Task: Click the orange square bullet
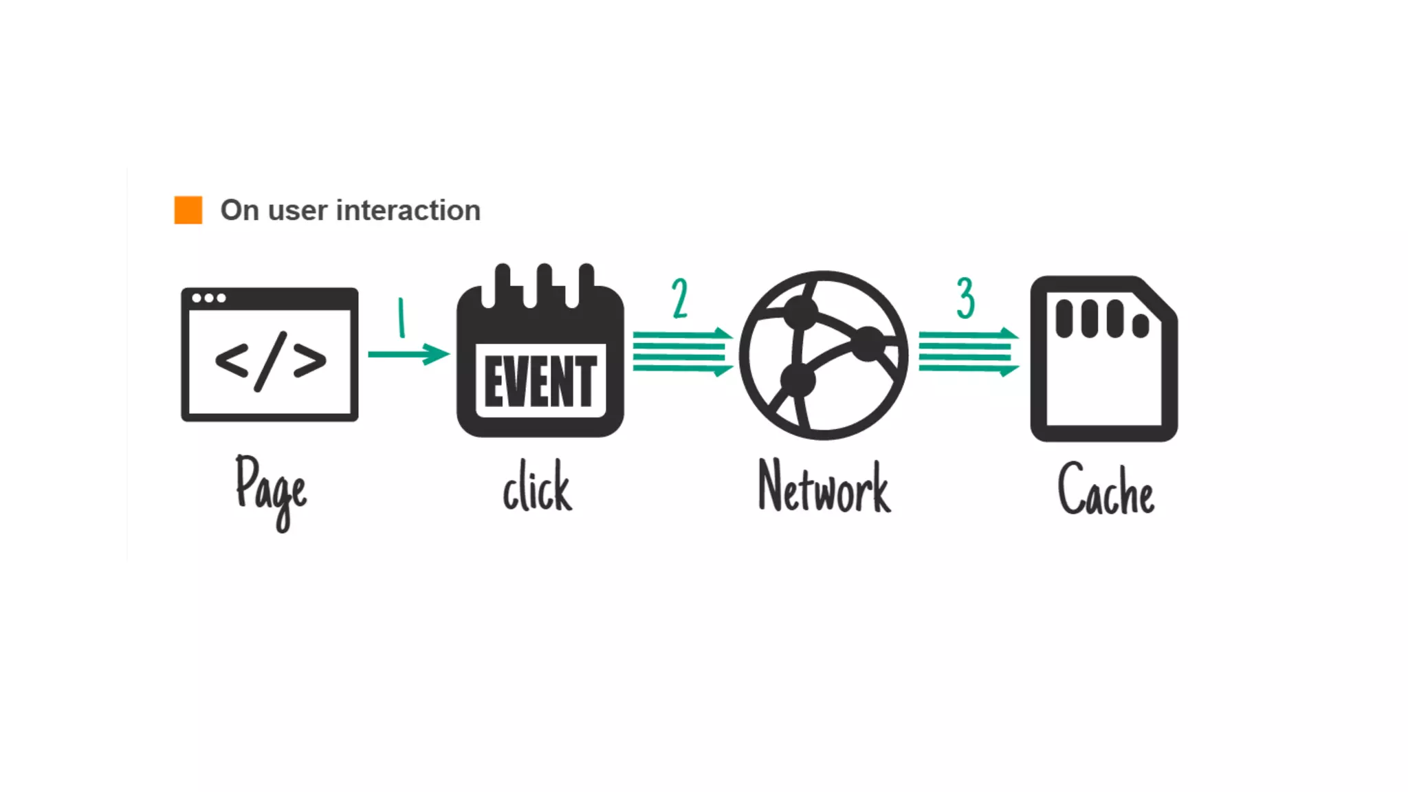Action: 188,210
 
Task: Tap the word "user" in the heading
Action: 298,211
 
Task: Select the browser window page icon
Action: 269,354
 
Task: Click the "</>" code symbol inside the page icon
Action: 270,361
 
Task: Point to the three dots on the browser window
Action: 209,298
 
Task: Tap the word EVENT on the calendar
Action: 540,382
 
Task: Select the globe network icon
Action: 824,355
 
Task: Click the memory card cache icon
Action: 1104,359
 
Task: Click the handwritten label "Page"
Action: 271,490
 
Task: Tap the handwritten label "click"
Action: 537,487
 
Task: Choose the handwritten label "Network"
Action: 824,487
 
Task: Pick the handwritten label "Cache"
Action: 1105,489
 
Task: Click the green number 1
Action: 401,317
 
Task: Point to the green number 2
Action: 680,298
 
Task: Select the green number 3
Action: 966,298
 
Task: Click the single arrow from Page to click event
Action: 408,354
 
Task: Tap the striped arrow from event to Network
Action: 682,352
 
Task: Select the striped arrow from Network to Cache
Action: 968,352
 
